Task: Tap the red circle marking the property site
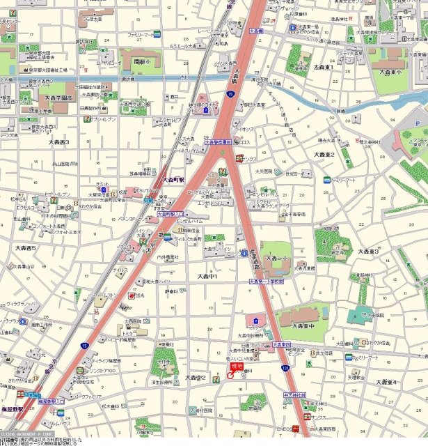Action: point(230,376)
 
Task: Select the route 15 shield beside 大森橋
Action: point(229,93)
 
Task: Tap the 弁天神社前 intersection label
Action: point(295,395)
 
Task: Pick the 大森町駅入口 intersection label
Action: point(171,215)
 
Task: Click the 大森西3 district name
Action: point(58,142)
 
